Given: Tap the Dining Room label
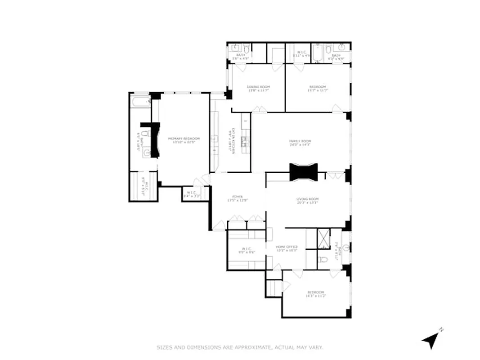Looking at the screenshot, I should point(258,89).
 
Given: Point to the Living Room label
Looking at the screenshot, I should point(307,201).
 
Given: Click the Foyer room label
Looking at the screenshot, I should point(238,198).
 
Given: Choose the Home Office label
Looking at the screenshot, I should point(287,248).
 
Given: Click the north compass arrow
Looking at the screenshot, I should point(431,340).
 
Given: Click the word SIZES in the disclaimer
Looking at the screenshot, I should point(164,347).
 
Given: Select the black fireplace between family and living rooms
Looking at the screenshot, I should point(304,172).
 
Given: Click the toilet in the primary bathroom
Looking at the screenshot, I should point(145,134).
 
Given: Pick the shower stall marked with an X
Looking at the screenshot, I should point(323,239).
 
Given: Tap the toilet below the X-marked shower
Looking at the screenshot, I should point(323,260).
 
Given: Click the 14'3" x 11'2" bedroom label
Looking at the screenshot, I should point(316,294).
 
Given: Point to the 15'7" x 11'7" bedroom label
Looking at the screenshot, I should point(318,89).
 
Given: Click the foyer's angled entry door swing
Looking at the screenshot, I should point(219,225).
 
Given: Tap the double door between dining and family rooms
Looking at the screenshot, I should point(259,109).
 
